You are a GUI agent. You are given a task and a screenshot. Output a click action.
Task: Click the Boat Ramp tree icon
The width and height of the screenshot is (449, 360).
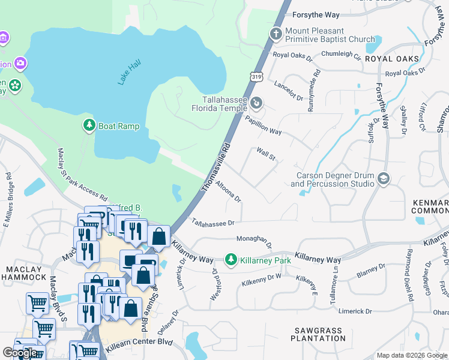[x=89, y=125]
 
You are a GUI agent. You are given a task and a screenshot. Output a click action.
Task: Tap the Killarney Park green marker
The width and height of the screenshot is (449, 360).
[x=231, y=260]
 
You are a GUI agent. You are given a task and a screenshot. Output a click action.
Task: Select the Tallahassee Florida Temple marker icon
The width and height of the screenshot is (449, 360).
[x=257, y=103]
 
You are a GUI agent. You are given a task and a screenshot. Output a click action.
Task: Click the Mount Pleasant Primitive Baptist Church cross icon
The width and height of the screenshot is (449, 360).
[x=276, y=35]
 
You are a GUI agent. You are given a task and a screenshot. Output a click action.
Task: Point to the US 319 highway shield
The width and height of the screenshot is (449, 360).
[x=257, y=76]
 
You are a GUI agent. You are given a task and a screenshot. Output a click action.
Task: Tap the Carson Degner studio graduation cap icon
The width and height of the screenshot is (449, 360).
[x=384, y=178]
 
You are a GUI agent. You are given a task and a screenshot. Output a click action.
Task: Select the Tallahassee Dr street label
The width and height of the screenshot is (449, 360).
[x=212, y=223]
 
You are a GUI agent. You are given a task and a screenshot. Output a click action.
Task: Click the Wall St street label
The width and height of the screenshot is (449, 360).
[x=266, y=154]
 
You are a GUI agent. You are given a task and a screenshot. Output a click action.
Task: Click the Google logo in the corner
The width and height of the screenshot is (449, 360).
[x=20, y=353]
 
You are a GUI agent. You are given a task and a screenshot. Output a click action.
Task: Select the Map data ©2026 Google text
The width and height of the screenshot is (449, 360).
[x=412, y=355]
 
